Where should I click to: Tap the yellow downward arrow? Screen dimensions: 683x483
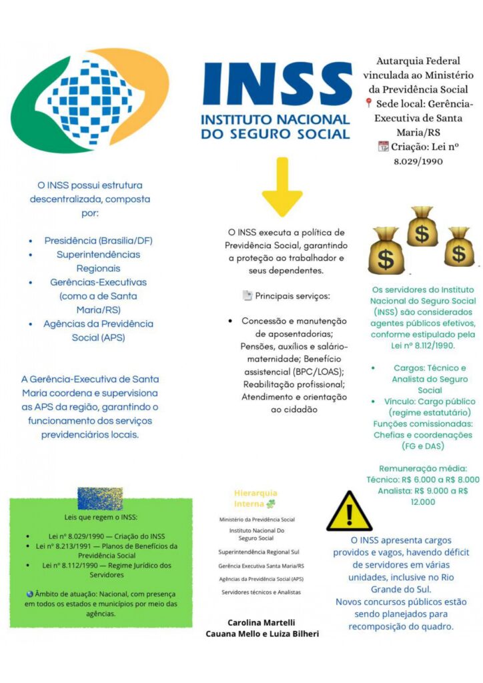point(282,187)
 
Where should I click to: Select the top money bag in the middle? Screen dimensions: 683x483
point(421,227)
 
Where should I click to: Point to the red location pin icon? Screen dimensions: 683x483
point(368,103)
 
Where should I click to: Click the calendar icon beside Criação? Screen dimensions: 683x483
point(383,147)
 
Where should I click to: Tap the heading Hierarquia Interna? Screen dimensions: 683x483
point(255,498)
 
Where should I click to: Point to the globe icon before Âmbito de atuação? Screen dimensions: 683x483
point(29,593)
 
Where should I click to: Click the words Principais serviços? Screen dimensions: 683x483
point(292,295)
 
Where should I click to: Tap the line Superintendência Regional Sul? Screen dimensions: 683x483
point(259,552)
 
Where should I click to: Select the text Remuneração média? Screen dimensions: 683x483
point(423,468)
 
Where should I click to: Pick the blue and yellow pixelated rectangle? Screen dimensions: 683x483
point(100,498)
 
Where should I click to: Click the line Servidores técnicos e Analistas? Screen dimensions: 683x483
point(261,592)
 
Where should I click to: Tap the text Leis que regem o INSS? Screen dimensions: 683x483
point(101,517)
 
